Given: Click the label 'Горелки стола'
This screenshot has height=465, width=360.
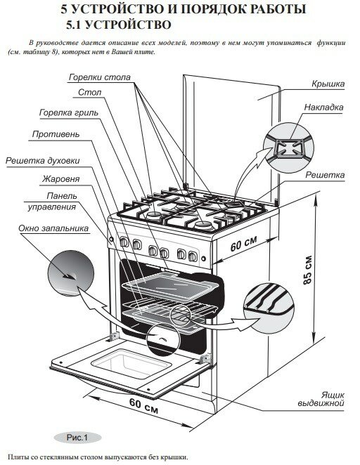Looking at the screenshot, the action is [x=100, y=77].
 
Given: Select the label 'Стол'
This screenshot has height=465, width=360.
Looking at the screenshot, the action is [x=89, y=93].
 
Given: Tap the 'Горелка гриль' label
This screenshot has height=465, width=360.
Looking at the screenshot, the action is [x=69, y=113].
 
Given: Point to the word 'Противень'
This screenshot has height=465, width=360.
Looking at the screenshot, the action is [x=56, y=134].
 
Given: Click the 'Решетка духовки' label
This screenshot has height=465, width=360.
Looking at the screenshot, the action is [x=43, y=161].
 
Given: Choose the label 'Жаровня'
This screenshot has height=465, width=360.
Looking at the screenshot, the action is [x=61, y=179].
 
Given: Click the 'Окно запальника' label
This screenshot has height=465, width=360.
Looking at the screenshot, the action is [x=53, y=228].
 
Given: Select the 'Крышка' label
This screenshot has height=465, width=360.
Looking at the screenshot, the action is [x=328, y=84].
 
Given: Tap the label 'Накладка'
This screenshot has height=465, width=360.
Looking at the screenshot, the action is [x=324, y=107].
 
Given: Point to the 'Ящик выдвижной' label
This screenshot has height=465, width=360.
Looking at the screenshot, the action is [x=321, y=399].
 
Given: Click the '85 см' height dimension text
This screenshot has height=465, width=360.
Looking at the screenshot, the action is [x=308, y=270].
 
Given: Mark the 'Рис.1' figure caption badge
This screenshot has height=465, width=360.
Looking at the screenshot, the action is [x=77, y=438].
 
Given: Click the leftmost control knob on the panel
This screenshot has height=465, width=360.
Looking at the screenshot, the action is [x=124, y=242].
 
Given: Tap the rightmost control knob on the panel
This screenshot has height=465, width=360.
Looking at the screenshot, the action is [x=193, y=256].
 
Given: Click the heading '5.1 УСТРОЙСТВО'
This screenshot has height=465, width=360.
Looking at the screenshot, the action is [x=119, y=25].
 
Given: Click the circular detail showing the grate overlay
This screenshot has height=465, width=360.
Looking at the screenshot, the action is [x=289, y=147].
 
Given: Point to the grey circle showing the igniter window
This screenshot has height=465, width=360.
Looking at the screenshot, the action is [x=71, y=273].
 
